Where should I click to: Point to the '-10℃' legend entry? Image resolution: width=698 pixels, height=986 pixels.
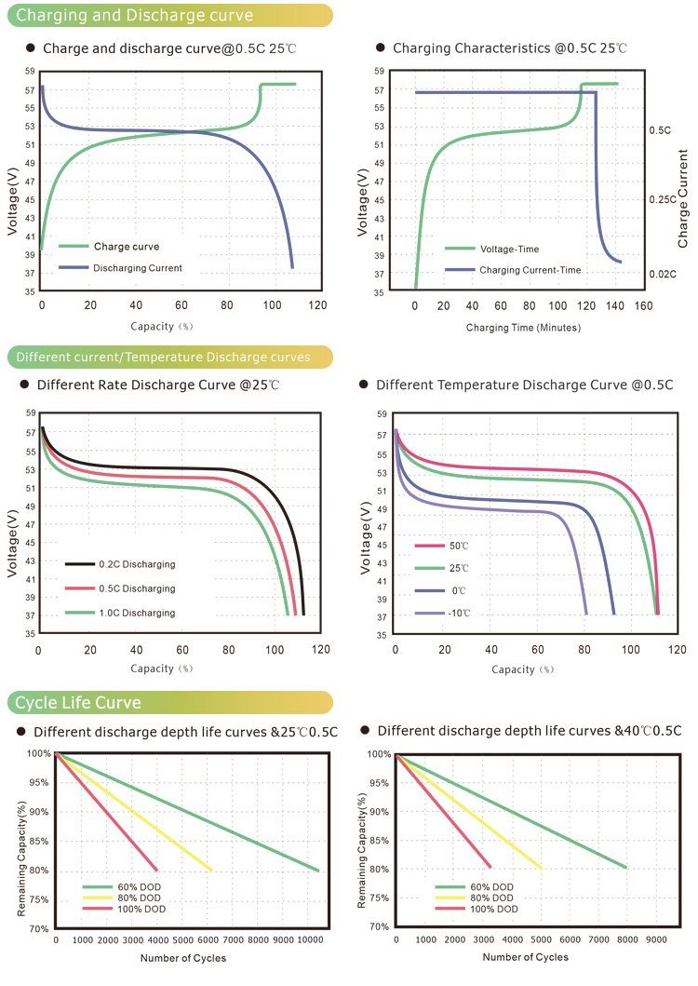(457, 614)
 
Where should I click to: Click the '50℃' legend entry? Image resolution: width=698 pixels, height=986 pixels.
(457, 546)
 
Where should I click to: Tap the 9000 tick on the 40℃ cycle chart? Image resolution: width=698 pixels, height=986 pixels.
(656, 940)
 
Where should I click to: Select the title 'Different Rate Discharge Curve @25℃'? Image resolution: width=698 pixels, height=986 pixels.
(158, 385)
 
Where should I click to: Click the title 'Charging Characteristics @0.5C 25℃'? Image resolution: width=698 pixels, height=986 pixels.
(509, 47)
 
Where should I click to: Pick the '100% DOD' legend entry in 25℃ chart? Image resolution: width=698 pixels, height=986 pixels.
(135, 909)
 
